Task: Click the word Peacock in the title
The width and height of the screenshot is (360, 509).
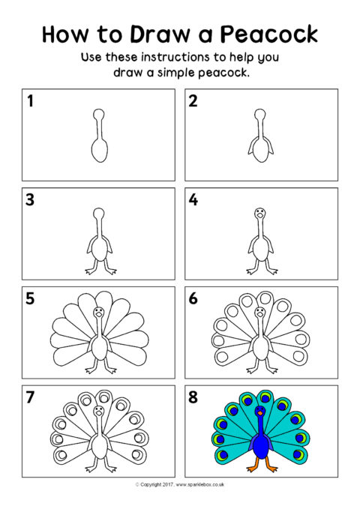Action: [269, 34]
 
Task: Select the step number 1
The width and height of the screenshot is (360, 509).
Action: [30, 100]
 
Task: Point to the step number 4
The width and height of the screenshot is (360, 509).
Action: [193, 199]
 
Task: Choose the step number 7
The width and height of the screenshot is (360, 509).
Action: [30, 397]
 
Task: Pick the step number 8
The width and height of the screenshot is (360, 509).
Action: [193, 397]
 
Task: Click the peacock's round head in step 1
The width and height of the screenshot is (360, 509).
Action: [99, 114]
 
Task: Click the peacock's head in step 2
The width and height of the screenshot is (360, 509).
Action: [259, 114]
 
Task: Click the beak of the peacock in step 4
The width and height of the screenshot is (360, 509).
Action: [259, 215]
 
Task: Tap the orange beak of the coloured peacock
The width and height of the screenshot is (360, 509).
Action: [259, 413]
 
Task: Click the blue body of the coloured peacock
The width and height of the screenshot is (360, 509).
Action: [260, 446]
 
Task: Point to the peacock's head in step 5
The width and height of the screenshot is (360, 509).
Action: [98, 313]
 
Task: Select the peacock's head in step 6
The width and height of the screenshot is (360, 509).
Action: [259, 313]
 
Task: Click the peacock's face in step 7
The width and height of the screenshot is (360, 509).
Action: [98, 411]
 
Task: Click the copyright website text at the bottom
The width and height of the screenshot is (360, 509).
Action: [180, 485]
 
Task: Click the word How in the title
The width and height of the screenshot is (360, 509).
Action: [65, 34]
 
